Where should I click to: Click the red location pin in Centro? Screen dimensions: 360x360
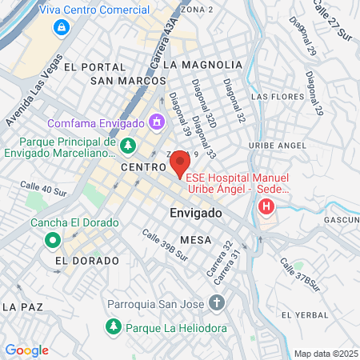[179, 163]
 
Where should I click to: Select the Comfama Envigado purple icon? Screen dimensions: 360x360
[156, 122]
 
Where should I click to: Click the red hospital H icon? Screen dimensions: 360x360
[266, 209]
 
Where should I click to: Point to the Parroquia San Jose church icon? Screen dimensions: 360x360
[215, 303]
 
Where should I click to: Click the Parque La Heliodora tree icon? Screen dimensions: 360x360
[113, 326]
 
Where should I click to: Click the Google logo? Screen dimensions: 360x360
[26, 350]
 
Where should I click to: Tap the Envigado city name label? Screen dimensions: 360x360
[195, 214]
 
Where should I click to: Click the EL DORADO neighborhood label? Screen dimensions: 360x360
[87, 261]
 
